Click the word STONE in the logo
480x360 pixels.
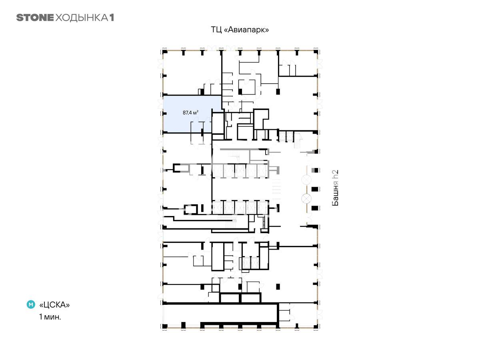pos(35,18)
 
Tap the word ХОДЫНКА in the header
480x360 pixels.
pos(82,18)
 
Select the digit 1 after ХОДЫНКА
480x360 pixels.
pos(112,18)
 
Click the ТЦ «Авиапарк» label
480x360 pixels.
pos(240,30)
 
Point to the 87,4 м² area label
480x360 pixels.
pos(190,112)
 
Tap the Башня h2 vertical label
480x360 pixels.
pos(335,188)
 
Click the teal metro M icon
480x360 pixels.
pos(31,304)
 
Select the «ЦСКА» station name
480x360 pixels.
pos(54,305)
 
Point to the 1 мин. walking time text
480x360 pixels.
pos(50,317)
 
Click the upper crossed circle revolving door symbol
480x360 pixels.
pos(306,180)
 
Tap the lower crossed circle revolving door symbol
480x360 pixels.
pos(306,199)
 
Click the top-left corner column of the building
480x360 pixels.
pos(165,52)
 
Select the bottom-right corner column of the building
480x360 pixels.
pos(316,326)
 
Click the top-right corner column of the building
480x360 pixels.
pos(316,52)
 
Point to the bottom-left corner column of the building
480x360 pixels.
pos(165,326)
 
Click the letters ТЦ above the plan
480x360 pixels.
pos(216,30)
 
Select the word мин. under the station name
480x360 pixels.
pos(52,317)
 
